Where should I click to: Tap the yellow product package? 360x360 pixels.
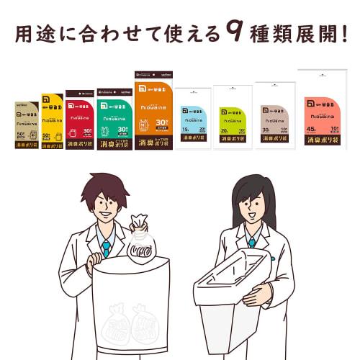coord(52,121)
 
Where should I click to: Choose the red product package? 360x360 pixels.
coord(79,119)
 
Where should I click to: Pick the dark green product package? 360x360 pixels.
coord(114,119)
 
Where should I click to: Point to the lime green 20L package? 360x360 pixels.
coord(233,117)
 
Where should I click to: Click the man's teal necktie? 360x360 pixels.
coord(106,248)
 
